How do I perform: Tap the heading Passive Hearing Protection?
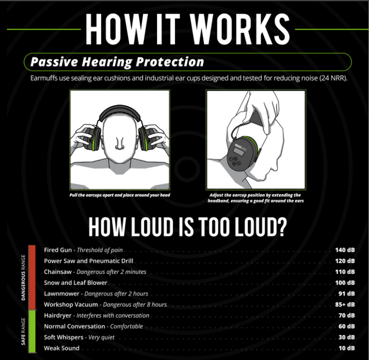[x=117, y=62]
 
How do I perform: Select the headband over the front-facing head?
[x=120, y=113]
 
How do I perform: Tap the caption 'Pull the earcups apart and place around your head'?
[x=120, y=195]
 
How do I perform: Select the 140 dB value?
[x=345, y=250]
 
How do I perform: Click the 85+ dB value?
[x=345, y=305]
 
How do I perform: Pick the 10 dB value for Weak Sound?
[x=347, y=348]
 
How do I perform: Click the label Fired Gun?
[x=58, y=250]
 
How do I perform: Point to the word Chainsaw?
[x=58, y=272]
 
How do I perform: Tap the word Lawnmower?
[x=61, y=293]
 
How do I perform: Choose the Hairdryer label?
[x=58, y=315]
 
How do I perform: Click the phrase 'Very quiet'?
[x=101, y=338]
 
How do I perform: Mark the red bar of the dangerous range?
[x=32, y=277]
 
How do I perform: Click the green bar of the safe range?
[x=32, y=331]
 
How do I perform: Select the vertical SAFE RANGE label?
[x=23, y=331]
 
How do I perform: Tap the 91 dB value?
[x=347, y=293]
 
